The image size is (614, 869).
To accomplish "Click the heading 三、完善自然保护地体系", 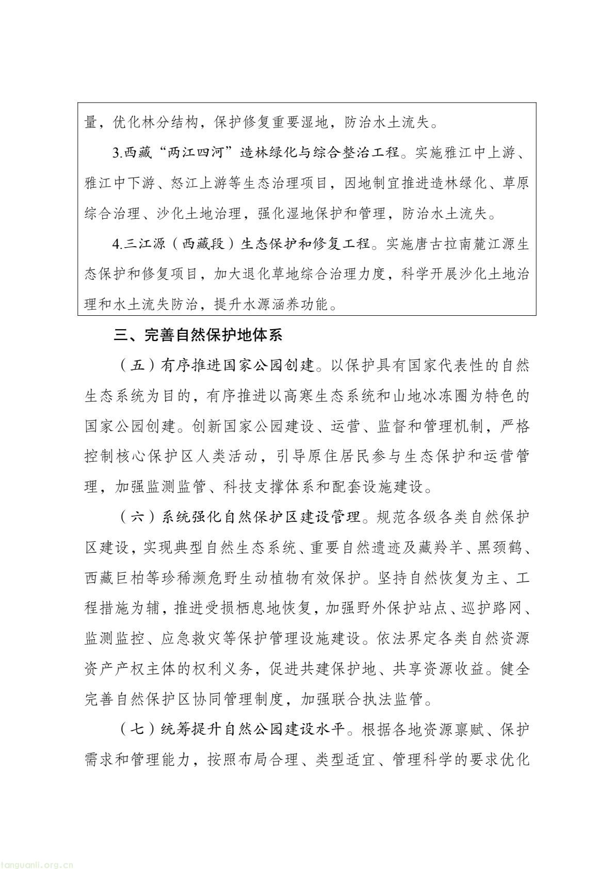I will click(199, 336).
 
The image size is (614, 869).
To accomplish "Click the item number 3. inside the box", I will click(117, 153).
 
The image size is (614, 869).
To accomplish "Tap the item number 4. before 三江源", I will click(117, 244).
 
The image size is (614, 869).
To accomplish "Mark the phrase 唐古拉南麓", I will click(442, 244).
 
